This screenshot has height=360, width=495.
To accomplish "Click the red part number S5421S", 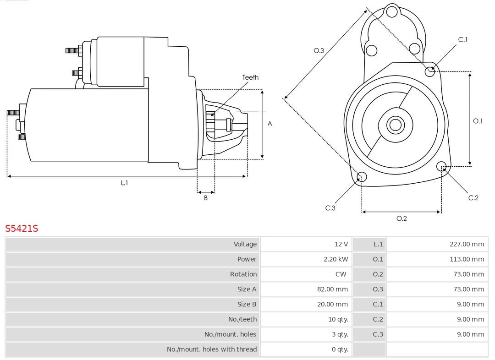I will (x=22, y=228).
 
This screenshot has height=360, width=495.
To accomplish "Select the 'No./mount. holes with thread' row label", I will (x=212, y=349).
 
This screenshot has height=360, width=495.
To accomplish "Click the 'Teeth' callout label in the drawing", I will (x=250, y=77).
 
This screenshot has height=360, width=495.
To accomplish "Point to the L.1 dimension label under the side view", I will (x=124, y=183).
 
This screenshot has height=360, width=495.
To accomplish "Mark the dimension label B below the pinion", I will (x=206, y=198).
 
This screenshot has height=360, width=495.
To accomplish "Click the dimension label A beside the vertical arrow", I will (x=270, y=124).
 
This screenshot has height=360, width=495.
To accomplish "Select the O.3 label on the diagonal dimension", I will (x=319, y=51).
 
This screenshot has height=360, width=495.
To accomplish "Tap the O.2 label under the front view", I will (x=401, y=218).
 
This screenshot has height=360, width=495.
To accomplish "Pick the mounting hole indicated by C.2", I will (x=441, y=166).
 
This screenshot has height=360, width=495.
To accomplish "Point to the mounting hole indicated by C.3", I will (x=362, y=177).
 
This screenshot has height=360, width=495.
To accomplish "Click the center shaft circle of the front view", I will (x=394, y=125).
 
